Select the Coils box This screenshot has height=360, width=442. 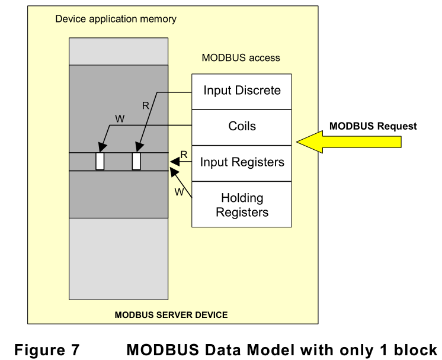[x=242, y=127]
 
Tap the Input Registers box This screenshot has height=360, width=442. [x=242, y=162]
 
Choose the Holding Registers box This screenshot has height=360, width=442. [x=242, y=204]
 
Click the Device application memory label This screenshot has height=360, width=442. [x=116, y=19]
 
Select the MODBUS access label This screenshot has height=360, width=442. [x=241, y=58]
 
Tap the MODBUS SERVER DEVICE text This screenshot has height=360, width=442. [x=171, y=314]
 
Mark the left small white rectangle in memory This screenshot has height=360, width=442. [x=100, y=162]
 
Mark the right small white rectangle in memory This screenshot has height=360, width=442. [x=136, y=162]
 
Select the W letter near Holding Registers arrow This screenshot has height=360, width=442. [x=178, y=191]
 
